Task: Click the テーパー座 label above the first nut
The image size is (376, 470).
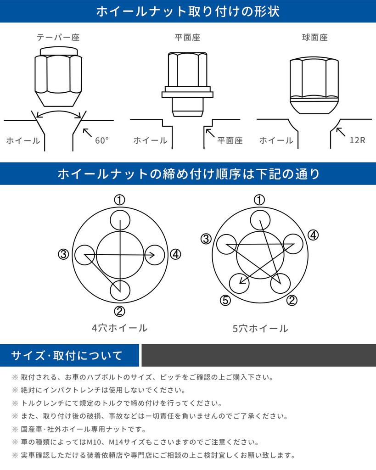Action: pyautogui.click(x=58, y=38)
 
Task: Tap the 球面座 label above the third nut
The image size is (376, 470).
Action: pyautogui.click(x=315, y=38)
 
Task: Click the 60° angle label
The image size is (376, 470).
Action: pyautogui.click(x=102, y=140)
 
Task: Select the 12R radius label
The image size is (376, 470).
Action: pyautogui.click(x=358, y=140)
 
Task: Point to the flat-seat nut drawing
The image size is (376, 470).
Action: pyautogui.click(x=187, y=84)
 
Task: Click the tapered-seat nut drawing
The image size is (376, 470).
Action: pyautogui.click(x=58, y=77)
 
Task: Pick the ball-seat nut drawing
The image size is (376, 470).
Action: pyautogui.click(x=314, y=85)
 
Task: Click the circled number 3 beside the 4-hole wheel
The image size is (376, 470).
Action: pyautogui.click(x=63, y=254)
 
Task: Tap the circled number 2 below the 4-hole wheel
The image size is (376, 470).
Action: pyautogui.click(x=120, y=312)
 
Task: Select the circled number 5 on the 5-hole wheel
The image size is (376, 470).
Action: pyautogui.click(x=225, y=300)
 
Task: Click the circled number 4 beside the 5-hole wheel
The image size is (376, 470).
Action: pyautogui.click(x=313, y=235)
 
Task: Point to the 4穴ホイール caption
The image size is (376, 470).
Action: pyautogui.click(x=119, y=328)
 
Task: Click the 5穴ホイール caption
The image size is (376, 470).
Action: pyautogui.click(x=260, y=329)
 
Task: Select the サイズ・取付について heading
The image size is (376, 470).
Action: pyautogui.click(x=67, y=356)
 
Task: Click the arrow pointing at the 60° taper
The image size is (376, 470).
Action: pyautogui.click(x=87, y=133)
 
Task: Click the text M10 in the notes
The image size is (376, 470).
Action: pyautogui.click(x=95, y=442)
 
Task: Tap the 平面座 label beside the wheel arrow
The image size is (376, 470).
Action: pyautogui.click(x=230, y=140)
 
